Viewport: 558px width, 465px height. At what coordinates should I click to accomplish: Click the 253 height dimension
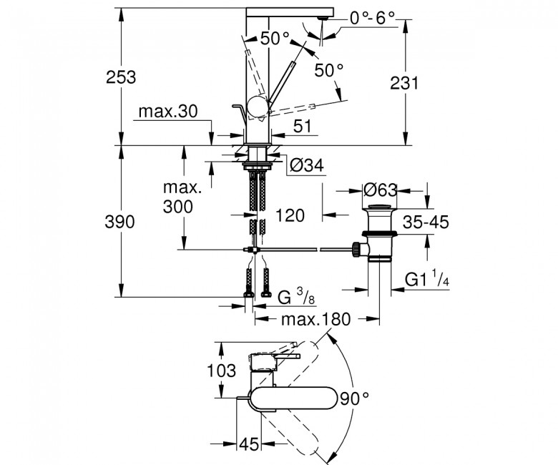point(121,77)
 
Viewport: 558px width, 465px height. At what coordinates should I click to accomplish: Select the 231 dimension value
point(405,83)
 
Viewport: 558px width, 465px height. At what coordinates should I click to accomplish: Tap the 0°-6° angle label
point(373,18)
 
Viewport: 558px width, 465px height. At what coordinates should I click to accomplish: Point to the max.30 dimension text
point(168,112)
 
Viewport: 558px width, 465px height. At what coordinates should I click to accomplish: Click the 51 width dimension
point(303,126)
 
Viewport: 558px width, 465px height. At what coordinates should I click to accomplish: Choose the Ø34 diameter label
point(307,165)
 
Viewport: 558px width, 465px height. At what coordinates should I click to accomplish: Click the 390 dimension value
point(120,222)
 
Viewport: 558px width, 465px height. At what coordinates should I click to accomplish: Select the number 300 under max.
point(178,206)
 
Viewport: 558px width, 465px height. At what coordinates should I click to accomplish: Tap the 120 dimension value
point(290,215)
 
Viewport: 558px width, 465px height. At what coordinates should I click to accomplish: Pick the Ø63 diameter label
point(380,190)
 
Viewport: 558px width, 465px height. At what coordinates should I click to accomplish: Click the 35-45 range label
point(426,222)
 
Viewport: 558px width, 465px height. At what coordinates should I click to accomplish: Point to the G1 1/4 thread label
point(427,278)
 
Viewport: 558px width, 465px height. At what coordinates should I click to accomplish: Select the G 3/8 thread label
point(296,297)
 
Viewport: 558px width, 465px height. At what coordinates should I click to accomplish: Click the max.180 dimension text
point(316,320)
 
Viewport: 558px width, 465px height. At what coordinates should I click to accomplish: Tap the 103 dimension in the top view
point(221,371)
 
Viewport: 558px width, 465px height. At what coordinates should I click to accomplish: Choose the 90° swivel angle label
point(354,398)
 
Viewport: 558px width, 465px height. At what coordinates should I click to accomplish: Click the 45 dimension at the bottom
point(249,444)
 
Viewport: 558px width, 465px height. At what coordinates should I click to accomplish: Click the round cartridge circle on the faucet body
point(258,107)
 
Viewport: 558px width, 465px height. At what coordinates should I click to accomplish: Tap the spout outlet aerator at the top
point(323,18)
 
